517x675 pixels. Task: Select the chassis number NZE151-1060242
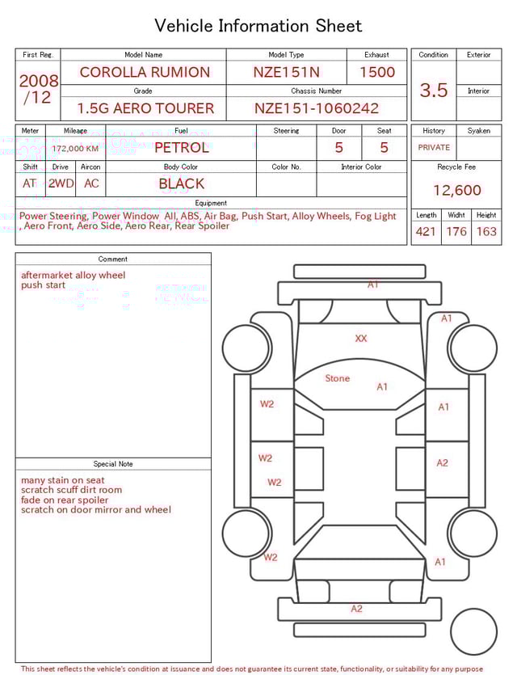coord(316,108)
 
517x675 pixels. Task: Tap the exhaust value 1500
coord(377,72)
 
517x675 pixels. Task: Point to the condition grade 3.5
coord(434,90)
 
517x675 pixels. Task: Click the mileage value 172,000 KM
coord(75,149)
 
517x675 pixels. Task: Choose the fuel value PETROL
coord(181,148)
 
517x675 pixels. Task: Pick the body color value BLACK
coord(181,184)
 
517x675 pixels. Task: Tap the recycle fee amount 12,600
coord(456,191)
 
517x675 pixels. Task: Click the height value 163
coord(486,232)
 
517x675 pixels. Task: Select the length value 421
coord(426,232)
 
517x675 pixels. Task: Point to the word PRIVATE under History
coord(434,148)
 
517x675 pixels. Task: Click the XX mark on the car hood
coord(361,339)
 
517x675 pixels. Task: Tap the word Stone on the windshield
coord(338,378)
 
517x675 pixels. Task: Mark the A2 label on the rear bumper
coord(356,609)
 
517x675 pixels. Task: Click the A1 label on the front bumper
coord(372,285)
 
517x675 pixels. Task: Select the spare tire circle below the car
coord(473,631)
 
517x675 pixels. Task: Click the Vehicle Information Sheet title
coord(258,26)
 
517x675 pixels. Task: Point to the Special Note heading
coord(113,464)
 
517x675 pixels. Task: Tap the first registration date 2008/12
coord(39,90)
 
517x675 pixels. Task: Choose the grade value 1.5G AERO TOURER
coord(145,108)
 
